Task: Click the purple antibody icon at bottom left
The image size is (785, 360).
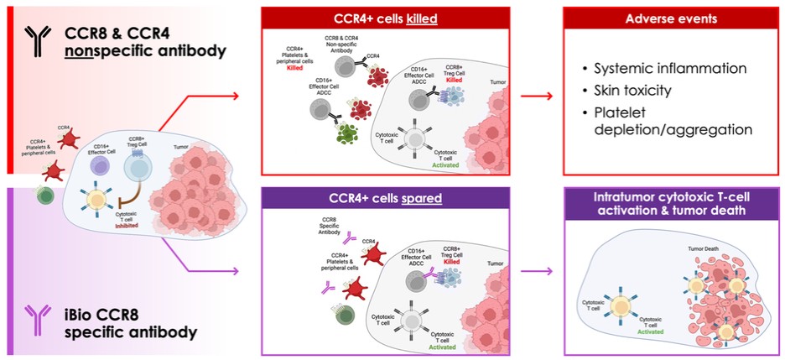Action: (x=36, y=320)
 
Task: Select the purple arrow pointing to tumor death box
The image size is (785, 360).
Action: (x=537, y=271)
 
